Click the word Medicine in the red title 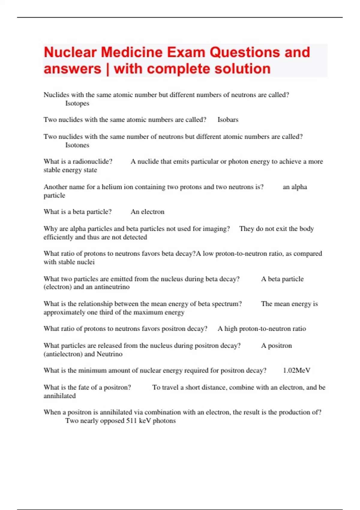[x=132, y=52]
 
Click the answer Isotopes [x=77, y=103]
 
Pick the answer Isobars [x=228, y=120]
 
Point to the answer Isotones [x=77, y=145]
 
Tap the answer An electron [x=147, y=212]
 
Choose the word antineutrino [x=112, y=287]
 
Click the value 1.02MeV [x=296, y=370]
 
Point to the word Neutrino [x=109, y=354]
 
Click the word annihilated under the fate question [x=59, y=396]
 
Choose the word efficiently [x=58, y=237]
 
